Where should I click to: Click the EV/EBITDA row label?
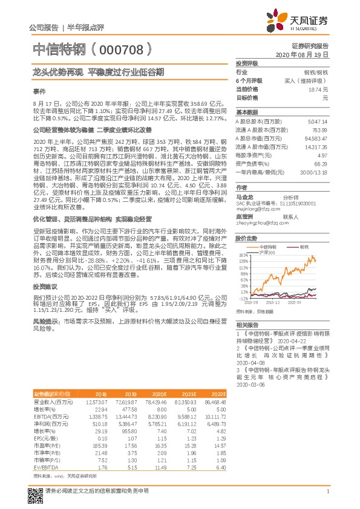pos(44,467)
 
